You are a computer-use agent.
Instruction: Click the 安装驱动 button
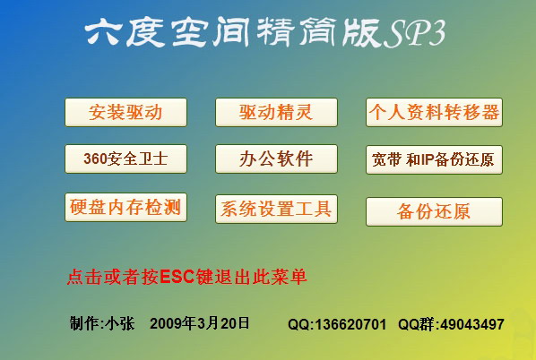pyautogui.click(x=125, y=112)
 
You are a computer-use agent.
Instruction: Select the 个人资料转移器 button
pyautogui.click(x=434, y=112)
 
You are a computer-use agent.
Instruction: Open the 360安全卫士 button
pyautogui.click(x=125, y=159)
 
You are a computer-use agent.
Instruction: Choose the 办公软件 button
pyautogui.click(x=276, y=159)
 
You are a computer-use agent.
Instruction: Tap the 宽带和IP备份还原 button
pyautogui.click(x=434, y=159)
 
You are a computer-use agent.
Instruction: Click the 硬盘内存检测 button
pyautogui.click(x=125, y=208)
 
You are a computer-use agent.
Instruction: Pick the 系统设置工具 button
pyautogui.click(x=276, y=209)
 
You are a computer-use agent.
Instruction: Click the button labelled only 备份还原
pyautogui.click(x=434, y=211)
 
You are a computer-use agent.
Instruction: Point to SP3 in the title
pyautogui.click(x=414, y=33)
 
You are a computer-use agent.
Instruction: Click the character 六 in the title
pyautogui.click(x=102, y=32)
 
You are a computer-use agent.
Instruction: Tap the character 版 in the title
pyautogui.click(x=363, y=32)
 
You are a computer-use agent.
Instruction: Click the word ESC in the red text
pyautogui.click(x=177, y=277)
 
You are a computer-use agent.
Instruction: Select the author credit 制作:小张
pyautogui.click(x=102, y=323)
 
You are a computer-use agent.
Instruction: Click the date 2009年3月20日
pyautogui.click(x=200, y=323)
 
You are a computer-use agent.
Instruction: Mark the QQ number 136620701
pyautogui.click(x=350, y=324)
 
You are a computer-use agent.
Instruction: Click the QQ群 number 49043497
pyautogui.click(x=472, y=324)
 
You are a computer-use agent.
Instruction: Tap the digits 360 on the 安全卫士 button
pyautogui.click(x=95, y=159)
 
